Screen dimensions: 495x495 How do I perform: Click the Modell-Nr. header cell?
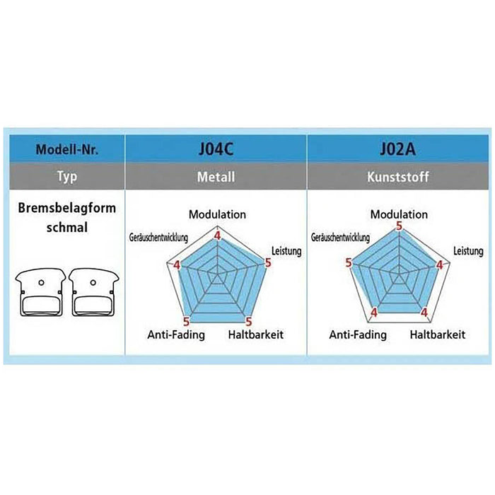[x=67, y=149]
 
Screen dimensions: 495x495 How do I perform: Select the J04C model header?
[x=216, y=149]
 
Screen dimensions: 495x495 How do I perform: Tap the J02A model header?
[x=397, y=149]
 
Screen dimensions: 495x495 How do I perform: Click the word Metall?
[x=216, y=177]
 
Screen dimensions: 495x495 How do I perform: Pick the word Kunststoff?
[x=397, y=177]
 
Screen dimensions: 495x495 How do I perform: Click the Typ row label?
[x=67, y=177]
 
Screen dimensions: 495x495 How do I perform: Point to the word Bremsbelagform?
[x=67, y=209]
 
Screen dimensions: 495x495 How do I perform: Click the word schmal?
[x=67, y=228]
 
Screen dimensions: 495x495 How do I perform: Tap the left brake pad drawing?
[x=40, y=292]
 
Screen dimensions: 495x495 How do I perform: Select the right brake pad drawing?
[x=94, y=292]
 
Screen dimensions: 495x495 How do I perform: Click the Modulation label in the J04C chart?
[x=217, y=215]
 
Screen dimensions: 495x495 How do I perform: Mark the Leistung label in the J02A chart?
[x=468, y=251]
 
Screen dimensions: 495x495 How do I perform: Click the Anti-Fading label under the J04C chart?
[x=176, y=334]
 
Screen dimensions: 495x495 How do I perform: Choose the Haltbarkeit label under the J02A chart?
[x=438, y=334]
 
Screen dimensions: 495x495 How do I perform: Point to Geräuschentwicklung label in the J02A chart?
[x=340, y=238]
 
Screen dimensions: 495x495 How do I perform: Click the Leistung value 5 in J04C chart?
[x=268, y=262]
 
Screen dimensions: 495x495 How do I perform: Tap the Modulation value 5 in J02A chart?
[x=400, y=226]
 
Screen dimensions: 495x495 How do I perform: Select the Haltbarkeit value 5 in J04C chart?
[x=249, y=322]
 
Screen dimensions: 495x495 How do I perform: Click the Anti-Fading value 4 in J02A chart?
[x=374, y=313]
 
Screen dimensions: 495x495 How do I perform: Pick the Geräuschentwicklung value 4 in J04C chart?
[x=177, y=265]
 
